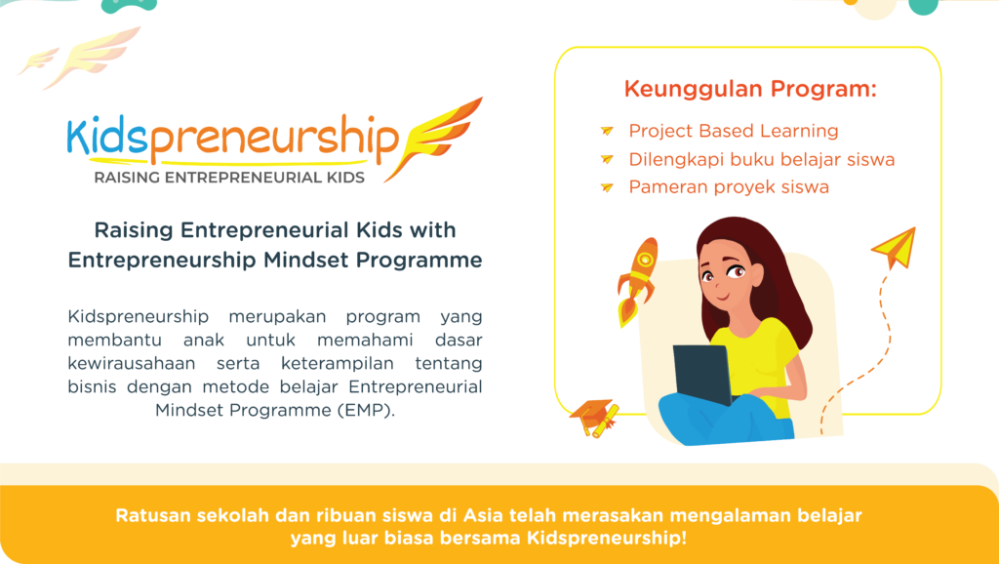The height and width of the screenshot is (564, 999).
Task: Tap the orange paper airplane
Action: (x=895, y=247)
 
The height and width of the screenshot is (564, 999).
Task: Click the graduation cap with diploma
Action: (x=594, y=418)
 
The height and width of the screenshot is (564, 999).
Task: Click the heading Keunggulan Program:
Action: (x=749, y=90)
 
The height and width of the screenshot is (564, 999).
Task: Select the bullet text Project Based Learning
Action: (x=733, y=131)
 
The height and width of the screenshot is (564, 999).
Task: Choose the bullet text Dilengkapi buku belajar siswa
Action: (x=761, y=159)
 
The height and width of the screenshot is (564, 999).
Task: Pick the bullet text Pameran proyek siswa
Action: (x=728, y=186)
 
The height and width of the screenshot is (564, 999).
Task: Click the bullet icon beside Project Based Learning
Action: (x=607, y=131)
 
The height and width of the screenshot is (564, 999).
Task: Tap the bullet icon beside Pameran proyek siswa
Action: (x=607, y=186)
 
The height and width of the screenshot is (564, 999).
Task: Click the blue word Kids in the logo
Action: (x=105, y=140)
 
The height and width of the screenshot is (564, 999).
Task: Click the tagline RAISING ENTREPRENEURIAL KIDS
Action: (x=228, y=178)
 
